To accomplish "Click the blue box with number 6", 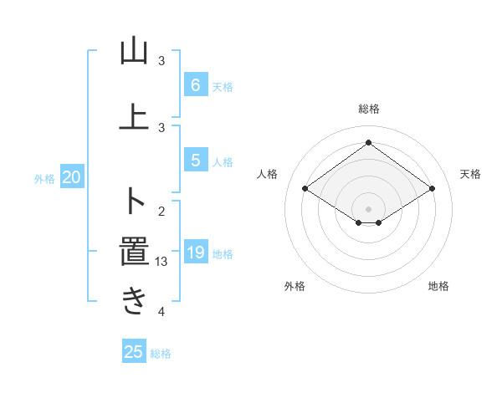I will [195, 84].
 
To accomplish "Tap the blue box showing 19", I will [195, 252].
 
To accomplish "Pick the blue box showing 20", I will [72, 176].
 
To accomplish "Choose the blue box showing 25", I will [134, 352].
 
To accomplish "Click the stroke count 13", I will [162, 261].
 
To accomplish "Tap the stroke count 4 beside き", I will [162, 312].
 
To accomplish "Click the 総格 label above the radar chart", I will [368, 109].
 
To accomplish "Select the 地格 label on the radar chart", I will [438, 286].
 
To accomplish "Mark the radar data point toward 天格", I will [432, 189].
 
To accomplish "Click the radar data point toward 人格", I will [305, 189].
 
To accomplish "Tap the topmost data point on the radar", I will [368, 143].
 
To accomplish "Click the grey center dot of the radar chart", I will [368, 207].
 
